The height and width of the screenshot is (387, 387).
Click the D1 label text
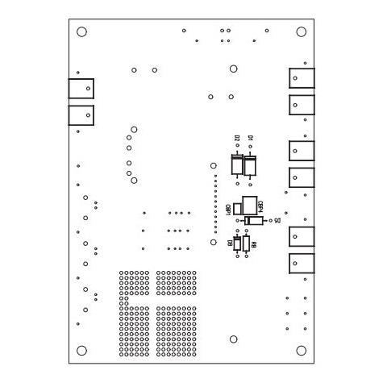pyautogui.click(x=251, y=139)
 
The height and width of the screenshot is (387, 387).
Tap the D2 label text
pyautogui.click(x=238, y=139)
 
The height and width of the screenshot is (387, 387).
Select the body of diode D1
pyautogui.click(x=251, y=165)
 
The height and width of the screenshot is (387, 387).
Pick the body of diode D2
pyautogui.click(x=237, y=165)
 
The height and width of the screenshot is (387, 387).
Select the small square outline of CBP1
pyautogui.click(x=237, y=208)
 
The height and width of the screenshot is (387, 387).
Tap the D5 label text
pyautogui.click(x=277, y=219)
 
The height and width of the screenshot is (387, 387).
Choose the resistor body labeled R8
pyautogui.click(x=246, y=243)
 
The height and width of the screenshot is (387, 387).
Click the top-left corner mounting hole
pyautogui.click(x=81, y=32)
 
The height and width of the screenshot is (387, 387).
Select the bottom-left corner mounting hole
pyautogui.click(x=81, y=350)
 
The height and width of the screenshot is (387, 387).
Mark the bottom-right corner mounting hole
pyautogui.click(x=302, y=350)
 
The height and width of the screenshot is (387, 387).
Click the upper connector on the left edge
pyautogui.click(x=81, y=88)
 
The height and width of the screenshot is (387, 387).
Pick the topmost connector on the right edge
pyautogui.click(x=301, y=78)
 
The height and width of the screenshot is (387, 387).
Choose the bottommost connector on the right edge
pyautogui.click(x=301, y=263)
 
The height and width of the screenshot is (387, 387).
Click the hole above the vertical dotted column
pyautogui.click(x=214, y=164)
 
